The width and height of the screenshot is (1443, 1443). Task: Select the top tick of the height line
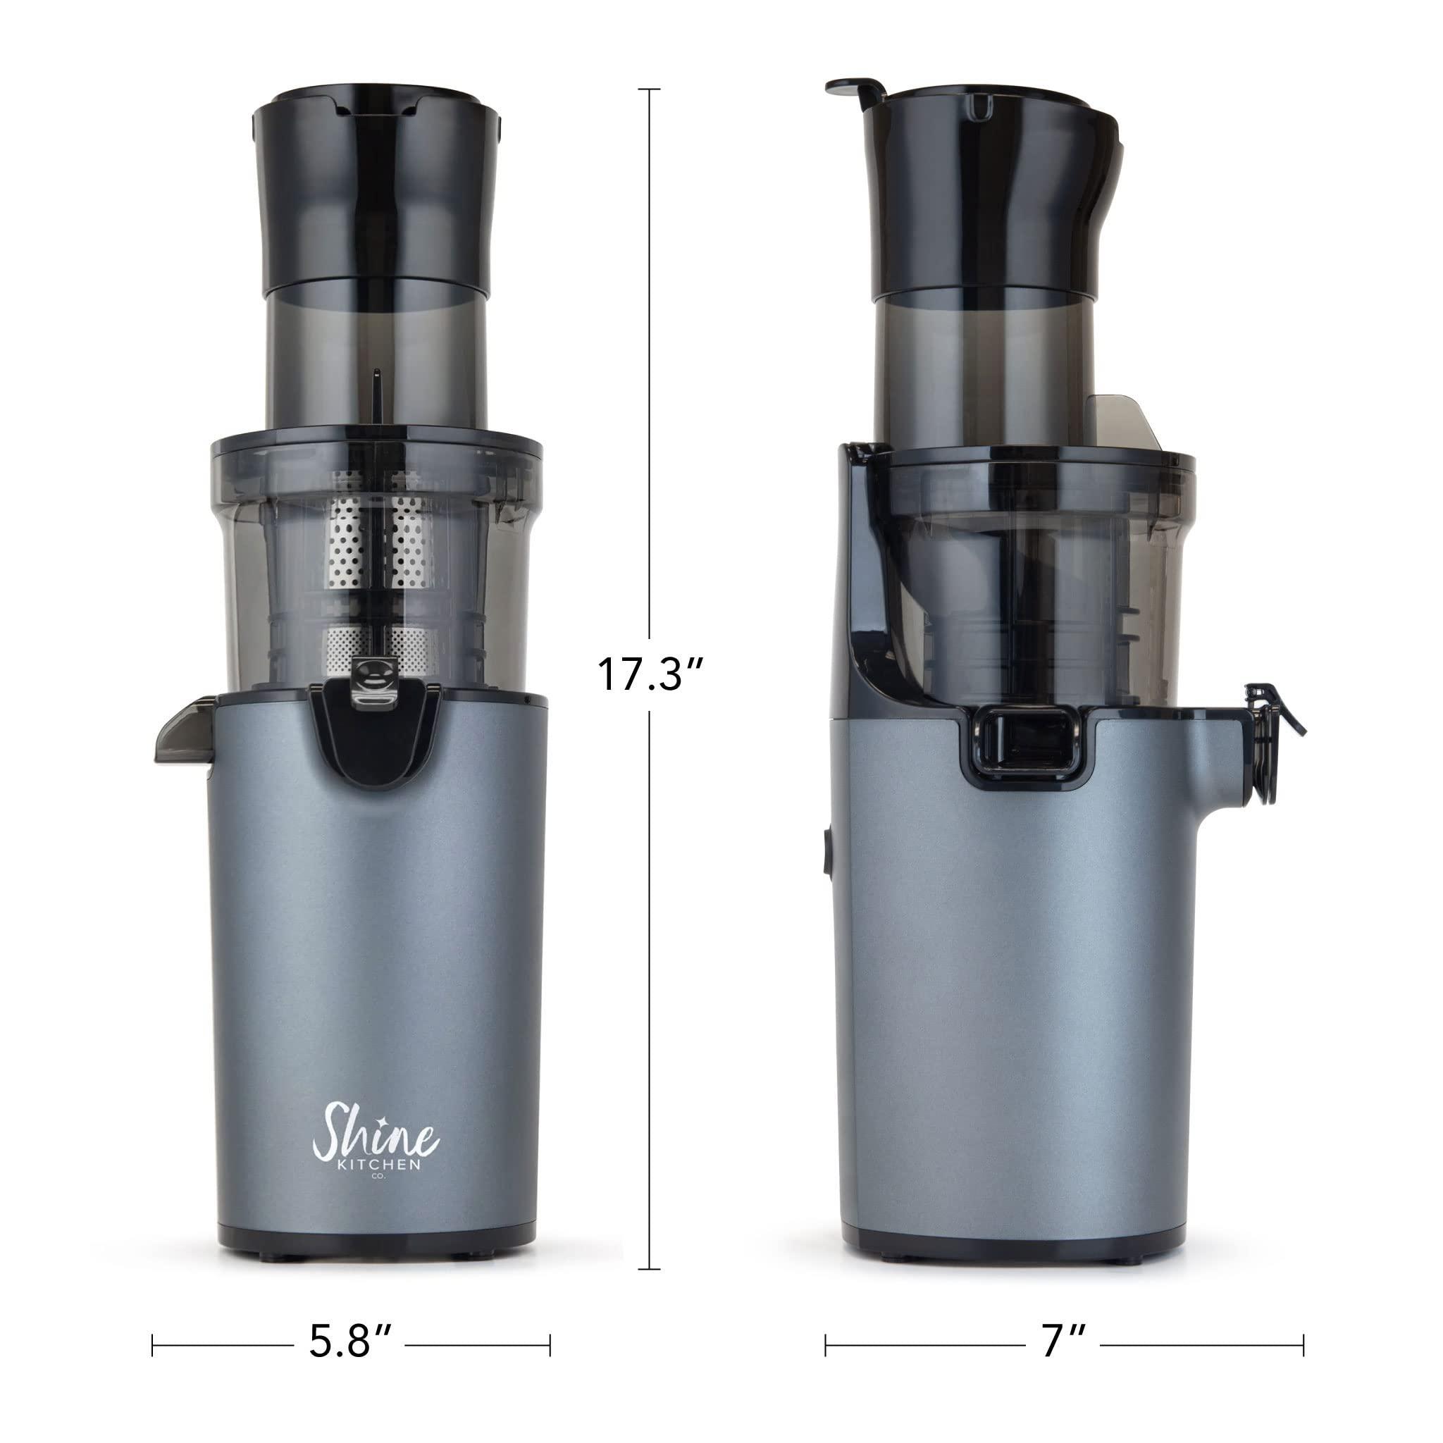point(648,89)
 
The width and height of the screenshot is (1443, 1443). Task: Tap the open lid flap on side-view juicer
point(856,90)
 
